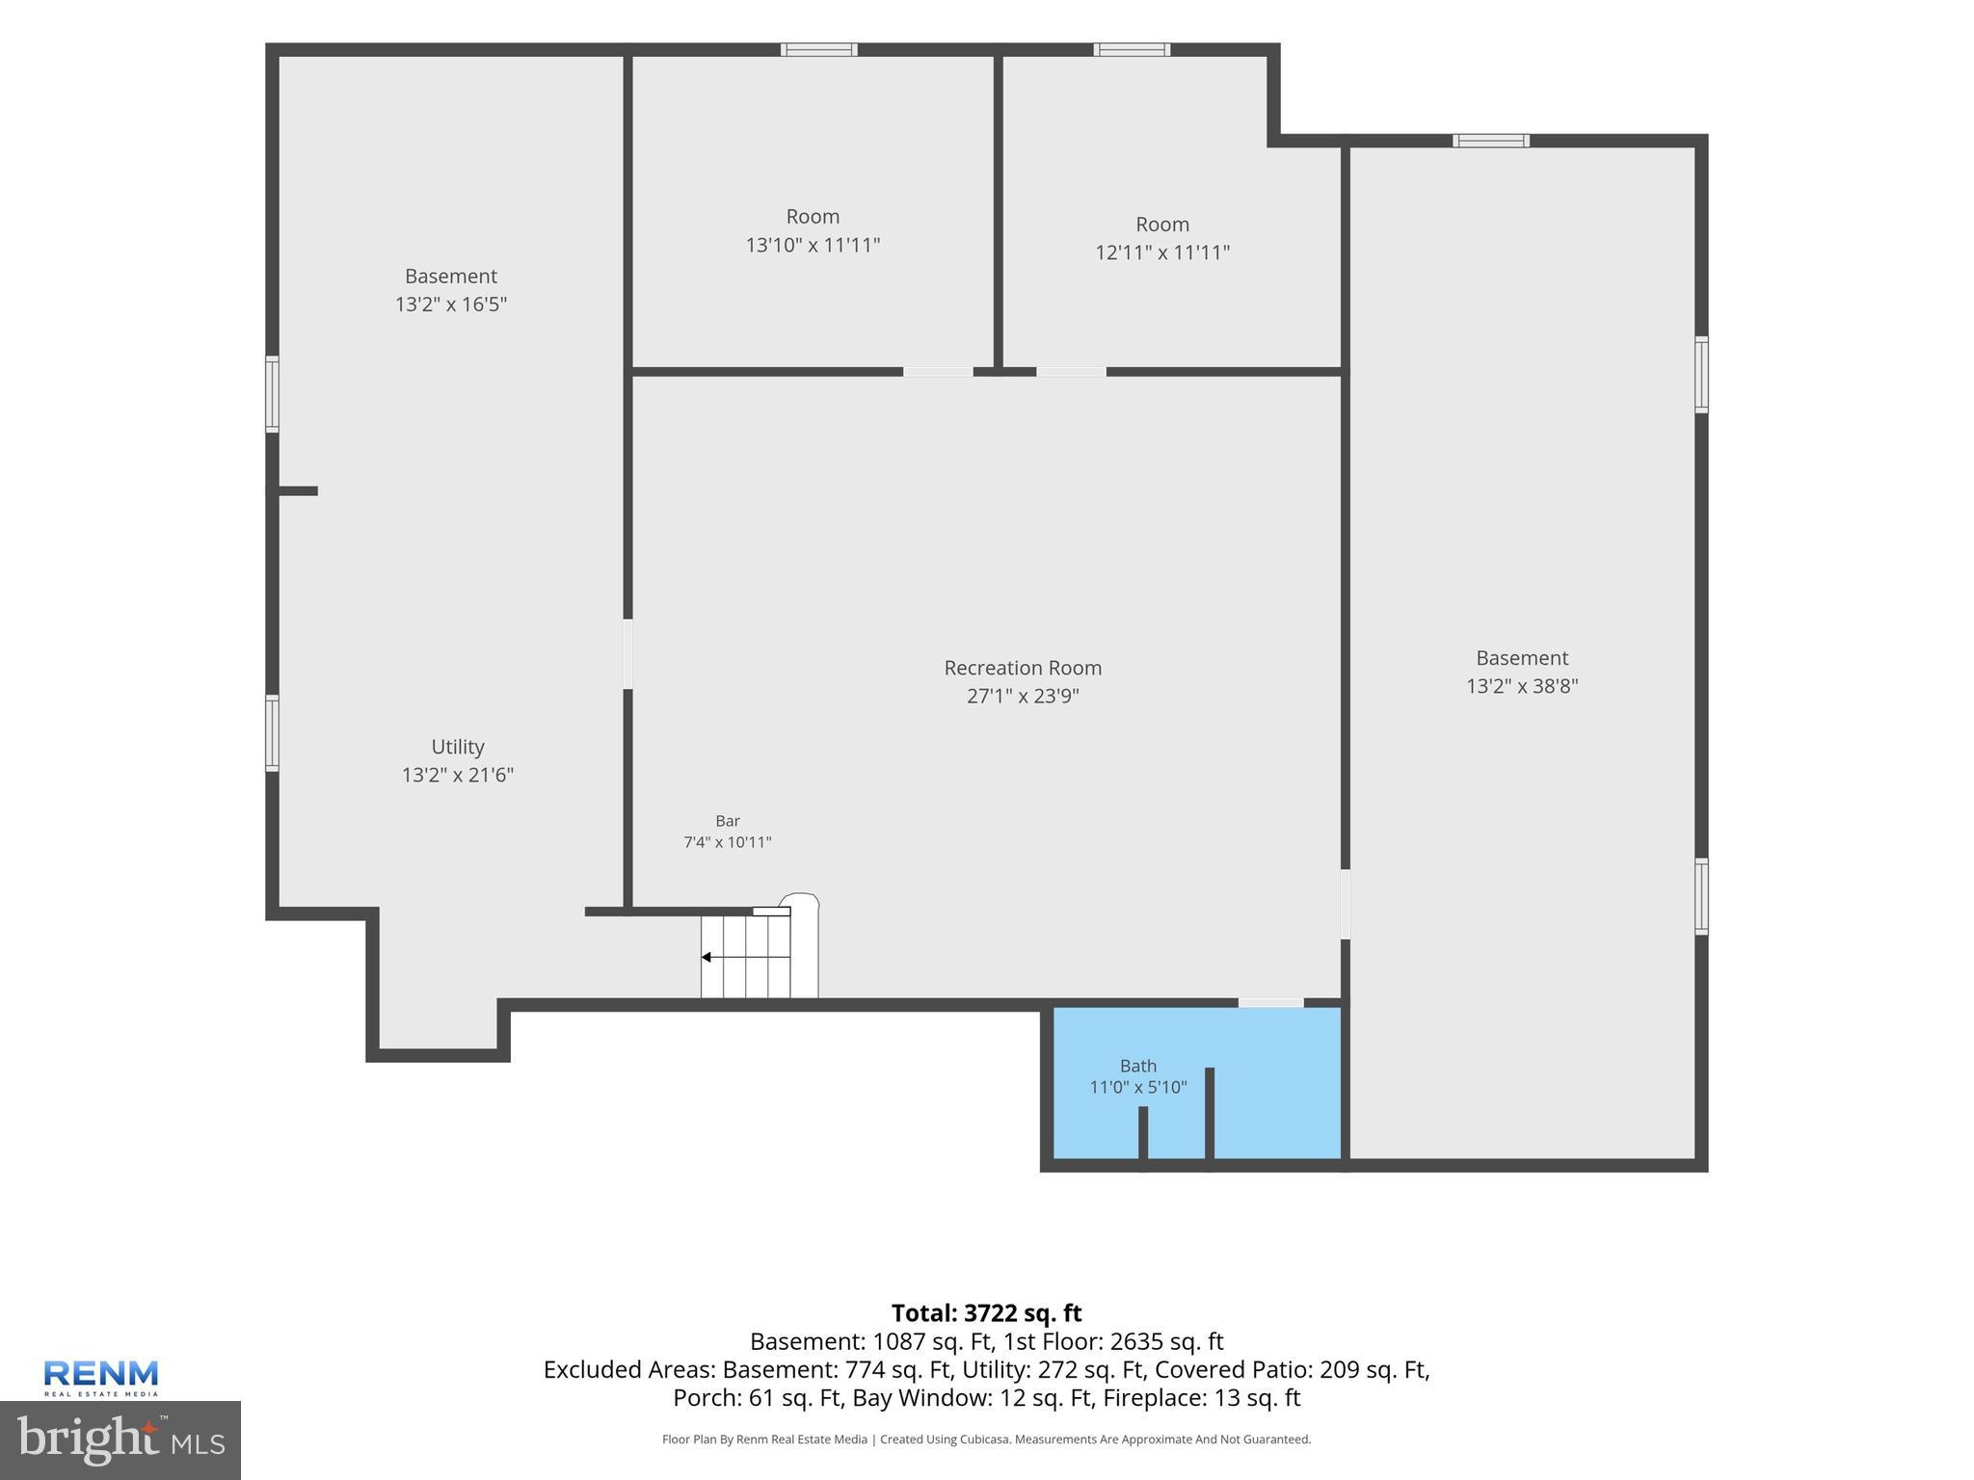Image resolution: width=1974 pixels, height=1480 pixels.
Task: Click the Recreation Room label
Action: click(x=1023, y=668)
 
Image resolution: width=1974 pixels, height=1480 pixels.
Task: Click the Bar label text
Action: click(x=728, y=821)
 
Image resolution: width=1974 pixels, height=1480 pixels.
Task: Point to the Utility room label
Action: click(x=458, y=747)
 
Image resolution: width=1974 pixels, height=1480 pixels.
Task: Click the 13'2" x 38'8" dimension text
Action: click(x=1522, y=686)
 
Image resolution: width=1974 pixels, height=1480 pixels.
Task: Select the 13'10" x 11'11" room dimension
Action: click(x=813, y=245)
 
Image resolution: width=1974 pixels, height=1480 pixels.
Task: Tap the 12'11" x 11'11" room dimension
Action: click(x=1162, y=252)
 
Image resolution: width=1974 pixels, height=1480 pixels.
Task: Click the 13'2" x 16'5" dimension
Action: click(x=451, y=304)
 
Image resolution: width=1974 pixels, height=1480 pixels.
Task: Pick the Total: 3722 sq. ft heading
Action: click(x=986, y=1313)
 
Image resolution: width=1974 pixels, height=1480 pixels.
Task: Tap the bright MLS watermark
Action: click(x=120, y=1440)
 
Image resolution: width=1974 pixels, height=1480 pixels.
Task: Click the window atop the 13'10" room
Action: click(x=819, y=50)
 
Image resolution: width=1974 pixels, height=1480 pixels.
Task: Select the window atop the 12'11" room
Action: click(x=1133, y=50)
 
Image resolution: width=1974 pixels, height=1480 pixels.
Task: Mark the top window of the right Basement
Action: click(x=1491, y=141)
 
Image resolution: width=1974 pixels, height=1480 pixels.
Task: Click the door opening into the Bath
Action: click(x=1270, y=1003)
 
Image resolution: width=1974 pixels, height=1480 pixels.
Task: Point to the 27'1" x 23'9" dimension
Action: click(x=1023, y=696)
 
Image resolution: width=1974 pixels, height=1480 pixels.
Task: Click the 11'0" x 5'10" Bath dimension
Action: click(x=1138, y=1088)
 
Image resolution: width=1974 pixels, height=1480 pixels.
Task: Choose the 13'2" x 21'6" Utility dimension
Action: click(x=458, y=775)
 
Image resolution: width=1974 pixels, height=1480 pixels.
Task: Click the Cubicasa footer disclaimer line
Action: click(x=986, y=1440)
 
